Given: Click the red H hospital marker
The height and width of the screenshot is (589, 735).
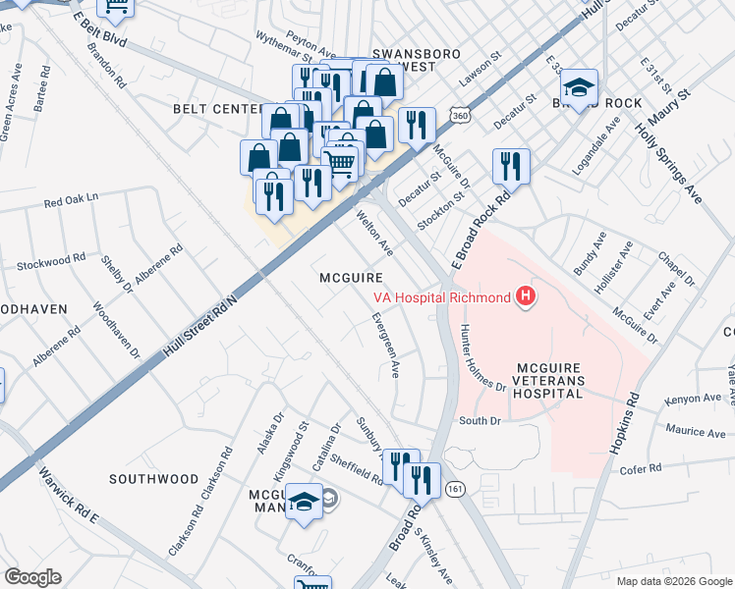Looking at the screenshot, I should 527,296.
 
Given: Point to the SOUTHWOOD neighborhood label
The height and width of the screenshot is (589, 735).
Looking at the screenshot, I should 153,479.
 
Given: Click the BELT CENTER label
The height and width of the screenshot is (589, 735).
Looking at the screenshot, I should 216,108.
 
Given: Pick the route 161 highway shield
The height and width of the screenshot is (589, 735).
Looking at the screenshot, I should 454,487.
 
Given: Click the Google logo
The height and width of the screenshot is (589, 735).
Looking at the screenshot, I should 32,577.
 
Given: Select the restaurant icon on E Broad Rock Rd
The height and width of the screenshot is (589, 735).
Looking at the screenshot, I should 510,166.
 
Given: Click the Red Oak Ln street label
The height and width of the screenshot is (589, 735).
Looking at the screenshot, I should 72,200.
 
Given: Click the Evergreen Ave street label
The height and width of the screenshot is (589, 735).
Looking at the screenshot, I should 385,346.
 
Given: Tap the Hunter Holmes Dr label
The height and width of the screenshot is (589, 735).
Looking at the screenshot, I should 481,359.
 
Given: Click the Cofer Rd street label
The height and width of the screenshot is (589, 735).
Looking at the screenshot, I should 643,470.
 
